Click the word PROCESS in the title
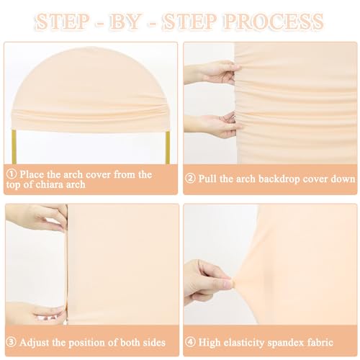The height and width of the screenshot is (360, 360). coord(274,22)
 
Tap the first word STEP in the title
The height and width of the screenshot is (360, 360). coord(63,22)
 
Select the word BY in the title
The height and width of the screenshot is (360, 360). coord(125,22)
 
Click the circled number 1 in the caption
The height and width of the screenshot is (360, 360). coord(12,174)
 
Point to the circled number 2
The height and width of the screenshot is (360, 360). coord(190,179)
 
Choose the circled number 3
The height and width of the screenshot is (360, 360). coord(12,342)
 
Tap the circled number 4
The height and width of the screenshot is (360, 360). coord(190,342)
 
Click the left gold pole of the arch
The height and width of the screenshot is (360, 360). coord(14,147)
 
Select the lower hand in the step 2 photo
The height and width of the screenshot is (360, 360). coord(214,125)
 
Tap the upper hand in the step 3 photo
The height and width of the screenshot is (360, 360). coord(36,216)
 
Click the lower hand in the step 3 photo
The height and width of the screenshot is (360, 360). coord(36,312)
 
